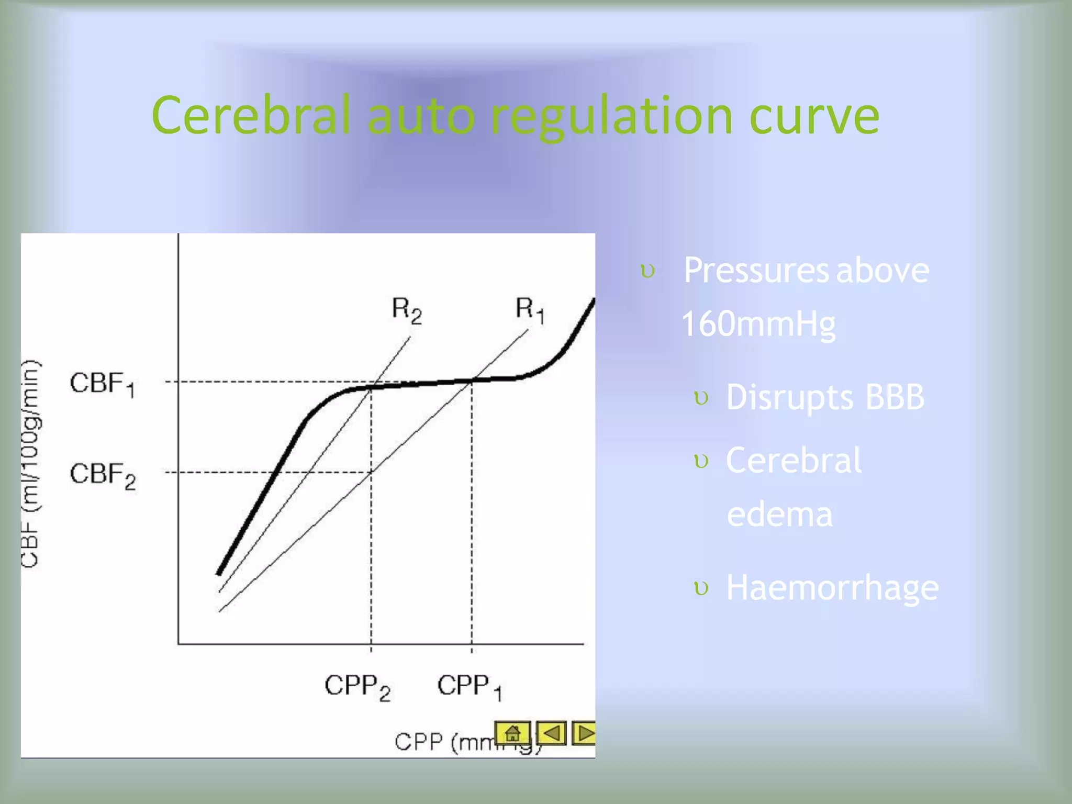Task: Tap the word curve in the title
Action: (814, 116)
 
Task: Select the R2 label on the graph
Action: (407, 310)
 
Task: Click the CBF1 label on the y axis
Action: (103, 384)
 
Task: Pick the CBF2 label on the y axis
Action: (103, 475)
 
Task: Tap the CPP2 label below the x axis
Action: (358, 687)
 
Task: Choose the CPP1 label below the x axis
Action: (470, 686)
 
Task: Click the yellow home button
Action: (512, 733)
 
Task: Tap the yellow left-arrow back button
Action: (552, 733)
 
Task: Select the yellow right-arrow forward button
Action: (584, 733)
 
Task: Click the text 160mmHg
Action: (758, 324)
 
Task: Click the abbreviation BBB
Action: (895, 397)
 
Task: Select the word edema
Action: (779, 514)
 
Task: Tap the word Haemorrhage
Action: (832, 588)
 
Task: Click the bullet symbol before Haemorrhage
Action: (701, 588)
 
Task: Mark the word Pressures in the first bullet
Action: (756, 271)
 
